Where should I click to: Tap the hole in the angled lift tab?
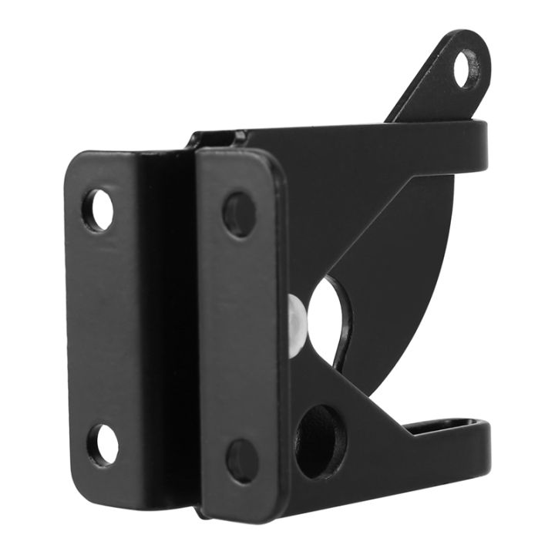(x=466, y=68)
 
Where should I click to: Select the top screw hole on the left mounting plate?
(x=98, y=209)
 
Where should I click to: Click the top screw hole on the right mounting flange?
(x=239, y=214)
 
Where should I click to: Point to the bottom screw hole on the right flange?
(x=242, y=460)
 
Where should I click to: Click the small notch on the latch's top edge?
(x=220, y=138)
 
